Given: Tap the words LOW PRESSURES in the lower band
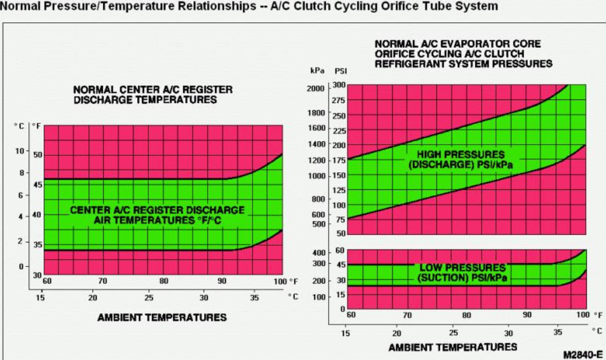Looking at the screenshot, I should click(x=461, y=267).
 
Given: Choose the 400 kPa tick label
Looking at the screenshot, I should click(x=318, y=252).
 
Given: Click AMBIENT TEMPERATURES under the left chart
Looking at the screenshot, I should click(x=162, y=317).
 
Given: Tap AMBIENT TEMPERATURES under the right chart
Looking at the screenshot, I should click(x=452, y=347).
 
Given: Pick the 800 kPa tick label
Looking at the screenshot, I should click(x=318, y=199).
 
